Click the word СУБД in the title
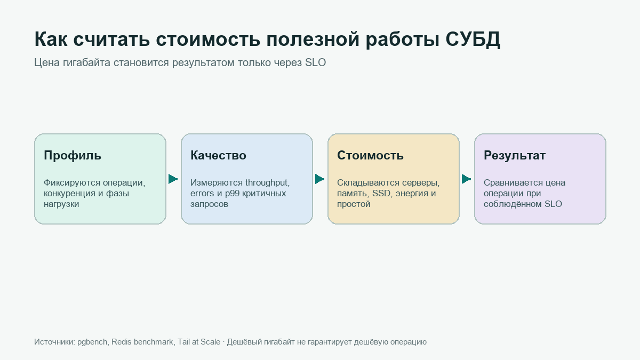coord(473,39)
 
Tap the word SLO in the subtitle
coord(315,62)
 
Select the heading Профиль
coord(73,156)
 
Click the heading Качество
coord(218,155)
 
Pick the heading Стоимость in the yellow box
coord(370,155)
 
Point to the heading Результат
coord(515,156)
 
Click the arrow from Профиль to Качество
coord(173,179)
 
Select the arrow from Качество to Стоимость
coord(319,179)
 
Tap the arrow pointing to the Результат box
coord(466,179)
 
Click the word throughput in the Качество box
coord(267,183)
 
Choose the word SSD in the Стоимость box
coord(381,194)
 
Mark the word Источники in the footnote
coord(54,342)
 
